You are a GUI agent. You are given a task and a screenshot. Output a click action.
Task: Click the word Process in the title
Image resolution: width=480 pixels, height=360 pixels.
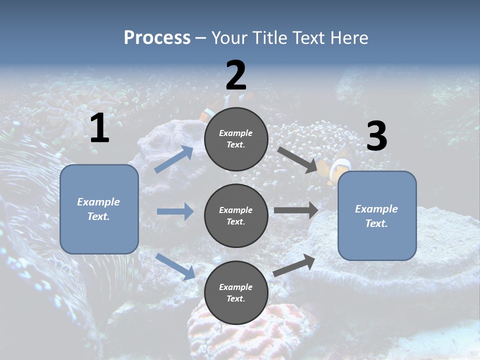click(x=157, y=37)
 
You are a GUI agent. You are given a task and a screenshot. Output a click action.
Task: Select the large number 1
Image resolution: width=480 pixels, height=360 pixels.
click(x=99, y=128)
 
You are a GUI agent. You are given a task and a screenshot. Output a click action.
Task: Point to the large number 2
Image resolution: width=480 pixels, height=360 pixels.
click(x=236, y=75)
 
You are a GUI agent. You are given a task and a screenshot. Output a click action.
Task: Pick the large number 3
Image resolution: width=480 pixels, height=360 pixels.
click(x=376, y=136)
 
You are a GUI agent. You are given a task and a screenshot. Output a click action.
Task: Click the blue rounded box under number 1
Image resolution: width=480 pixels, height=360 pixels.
click(x=99, y=209)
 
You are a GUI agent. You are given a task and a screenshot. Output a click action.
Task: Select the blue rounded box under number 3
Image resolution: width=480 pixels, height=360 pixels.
click(x=377, y=215)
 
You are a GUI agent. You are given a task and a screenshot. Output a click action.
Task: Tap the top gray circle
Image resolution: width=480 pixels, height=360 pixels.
click(x=236, y=139)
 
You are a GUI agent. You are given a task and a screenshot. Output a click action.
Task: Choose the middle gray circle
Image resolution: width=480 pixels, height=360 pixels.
click(x=236, y=215)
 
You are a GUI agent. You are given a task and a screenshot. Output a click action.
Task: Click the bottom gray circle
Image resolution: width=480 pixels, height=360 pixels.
click(x=236, y=292)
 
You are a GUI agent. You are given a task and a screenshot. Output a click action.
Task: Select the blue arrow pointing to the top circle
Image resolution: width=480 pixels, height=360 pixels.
click(x=174, y=159)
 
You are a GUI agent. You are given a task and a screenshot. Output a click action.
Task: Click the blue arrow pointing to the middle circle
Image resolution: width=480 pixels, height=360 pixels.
click(x=175, y=211)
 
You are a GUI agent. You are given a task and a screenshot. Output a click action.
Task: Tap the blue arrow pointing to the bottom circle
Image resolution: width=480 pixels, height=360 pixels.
click(x=175, y=266)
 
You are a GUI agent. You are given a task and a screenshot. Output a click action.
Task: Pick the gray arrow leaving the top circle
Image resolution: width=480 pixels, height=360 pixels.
click(x=297, y=159)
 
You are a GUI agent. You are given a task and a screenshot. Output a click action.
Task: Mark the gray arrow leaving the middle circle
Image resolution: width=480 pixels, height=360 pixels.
click(x=296, y=210)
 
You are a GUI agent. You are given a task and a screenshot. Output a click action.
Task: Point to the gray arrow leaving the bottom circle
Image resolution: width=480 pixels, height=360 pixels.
click(x=294, y=265)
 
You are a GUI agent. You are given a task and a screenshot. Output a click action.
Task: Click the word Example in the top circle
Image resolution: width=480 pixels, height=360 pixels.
click(x=236, y=133)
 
